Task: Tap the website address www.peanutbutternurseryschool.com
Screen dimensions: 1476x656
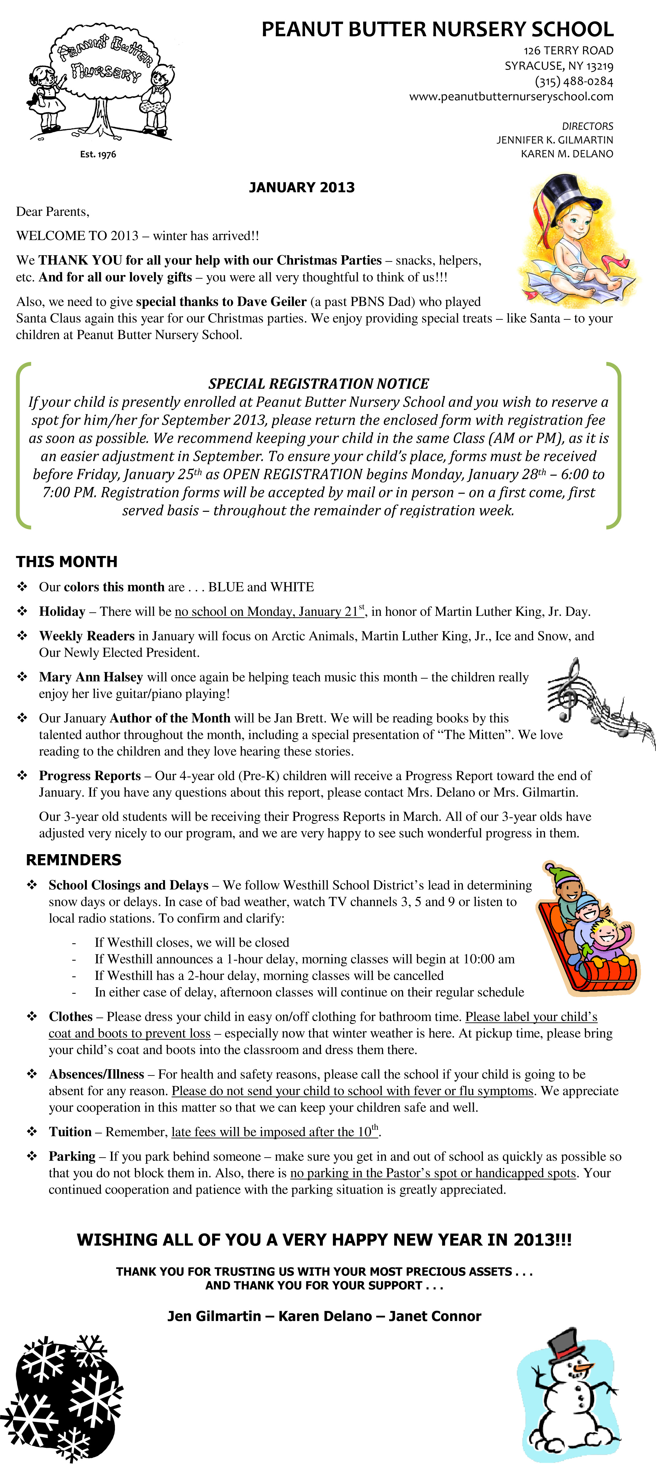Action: click(x=511, y=96)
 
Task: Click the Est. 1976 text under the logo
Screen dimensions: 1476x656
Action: click(x=98, y=154)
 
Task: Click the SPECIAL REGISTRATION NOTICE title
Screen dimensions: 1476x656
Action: click(x=318, y=383)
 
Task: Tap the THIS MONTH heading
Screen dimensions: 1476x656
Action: click(x=67, y=561)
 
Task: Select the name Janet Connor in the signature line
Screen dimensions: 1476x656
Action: click(x=435, y=1316)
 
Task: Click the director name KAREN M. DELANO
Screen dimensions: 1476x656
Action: click(x=566, y=154)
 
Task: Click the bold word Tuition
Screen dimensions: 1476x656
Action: click(x=70, y=1132)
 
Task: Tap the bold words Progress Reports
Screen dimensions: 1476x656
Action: click(x=90, y=775)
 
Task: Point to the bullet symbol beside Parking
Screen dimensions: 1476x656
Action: click(x=32, y=1156)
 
